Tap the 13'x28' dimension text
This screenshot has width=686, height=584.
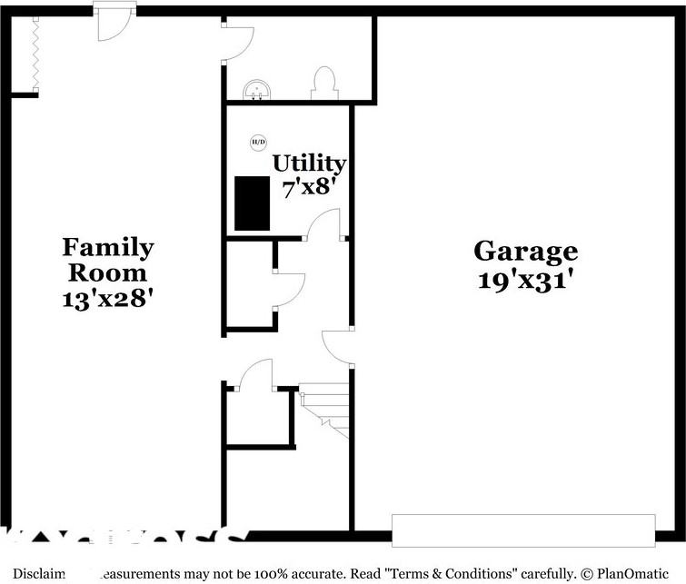(x=107, y=297)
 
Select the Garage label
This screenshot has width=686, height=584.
(x=525, y=251)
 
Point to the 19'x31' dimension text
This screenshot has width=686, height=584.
(x=525, y=279)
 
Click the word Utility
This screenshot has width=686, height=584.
(x=309, y=163)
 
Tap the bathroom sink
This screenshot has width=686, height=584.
(x=259, y=89)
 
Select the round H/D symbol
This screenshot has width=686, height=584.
(x=258, y=142)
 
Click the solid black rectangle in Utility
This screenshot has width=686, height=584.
(x=253, y=203)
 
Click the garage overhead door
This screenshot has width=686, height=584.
(x=522, y=530)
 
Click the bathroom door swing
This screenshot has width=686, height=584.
(x=238, y=41)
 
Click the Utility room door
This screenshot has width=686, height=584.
(x=324, y=224)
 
